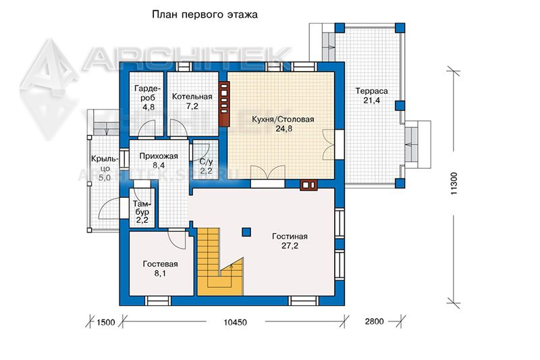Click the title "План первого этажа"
pos(205,15)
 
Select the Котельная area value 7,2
pos(192,106)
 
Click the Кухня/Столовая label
pos(283,120)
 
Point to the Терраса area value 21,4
pos(372,101)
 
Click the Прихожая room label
pos(159,156)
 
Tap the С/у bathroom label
pos(207,161)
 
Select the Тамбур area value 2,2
pos(142,220)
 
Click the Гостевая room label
pos(160,264)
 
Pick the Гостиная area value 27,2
pos(290,246)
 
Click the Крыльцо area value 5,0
pos(105,178)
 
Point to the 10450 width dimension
pos(235,322)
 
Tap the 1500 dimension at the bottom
pos(106,322)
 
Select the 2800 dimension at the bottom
pos(374,322)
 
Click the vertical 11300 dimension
pos(454,184)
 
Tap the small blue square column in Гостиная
pos(246,232)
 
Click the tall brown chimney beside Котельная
pos(224,104)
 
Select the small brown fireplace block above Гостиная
pos(308,185)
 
